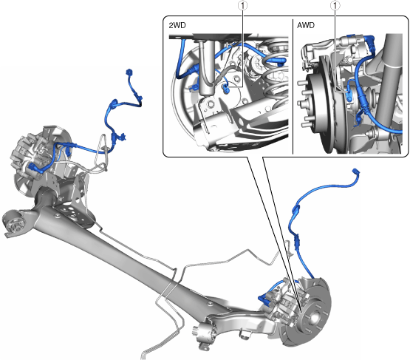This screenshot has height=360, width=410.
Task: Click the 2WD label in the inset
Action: pos(177,25)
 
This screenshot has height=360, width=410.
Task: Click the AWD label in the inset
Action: pos(306,25)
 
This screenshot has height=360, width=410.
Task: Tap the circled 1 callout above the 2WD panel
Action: pos(243,5)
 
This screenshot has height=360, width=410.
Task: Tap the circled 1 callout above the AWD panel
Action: pos(335,5)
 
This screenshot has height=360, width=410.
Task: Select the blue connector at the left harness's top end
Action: pos(129,72)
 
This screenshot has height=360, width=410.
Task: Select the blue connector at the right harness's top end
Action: pos(356,171)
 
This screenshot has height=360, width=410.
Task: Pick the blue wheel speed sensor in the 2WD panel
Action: pos(225,88)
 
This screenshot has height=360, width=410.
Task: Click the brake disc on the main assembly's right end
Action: pos(314,311)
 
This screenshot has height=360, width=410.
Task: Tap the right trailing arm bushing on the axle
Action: pos(205,335)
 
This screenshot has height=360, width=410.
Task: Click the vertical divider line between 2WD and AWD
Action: pos(293,86)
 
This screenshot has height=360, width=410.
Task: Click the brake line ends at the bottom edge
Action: pos(144,356)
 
